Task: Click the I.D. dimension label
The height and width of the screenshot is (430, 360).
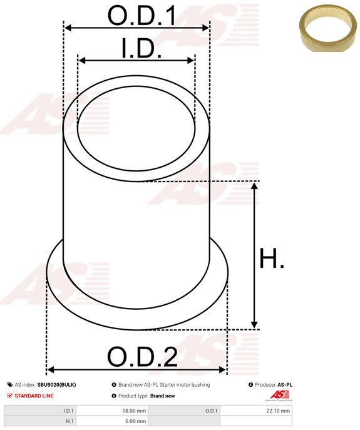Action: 141,49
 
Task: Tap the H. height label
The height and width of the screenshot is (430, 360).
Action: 272,259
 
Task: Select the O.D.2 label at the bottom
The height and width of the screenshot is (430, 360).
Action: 142,357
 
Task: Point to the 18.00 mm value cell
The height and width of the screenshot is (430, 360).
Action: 135,411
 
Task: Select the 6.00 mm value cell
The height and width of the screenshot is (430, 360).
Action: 136,422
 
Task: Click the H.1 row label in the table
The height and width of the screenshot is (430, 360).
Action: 69,422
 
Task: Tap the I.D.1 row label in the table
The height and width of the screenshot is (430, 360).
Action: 68,411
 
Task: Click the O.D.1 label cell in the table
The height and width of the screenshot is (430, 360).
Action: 211,411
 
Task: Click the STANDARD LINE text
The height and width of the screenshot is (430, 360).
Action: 34,396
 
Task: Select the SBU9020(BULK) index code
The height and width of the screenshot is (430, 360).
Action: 56,385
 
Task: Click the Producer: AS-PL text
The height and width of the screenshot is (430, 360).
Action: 274,385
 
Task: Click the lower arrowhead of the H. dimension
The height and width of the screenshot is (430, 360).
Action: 254,324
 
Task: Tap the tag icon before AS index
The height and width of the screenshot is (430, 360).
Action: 9,385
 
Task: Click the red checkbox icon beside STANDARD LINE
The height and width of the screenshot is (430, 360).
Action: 9,396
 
